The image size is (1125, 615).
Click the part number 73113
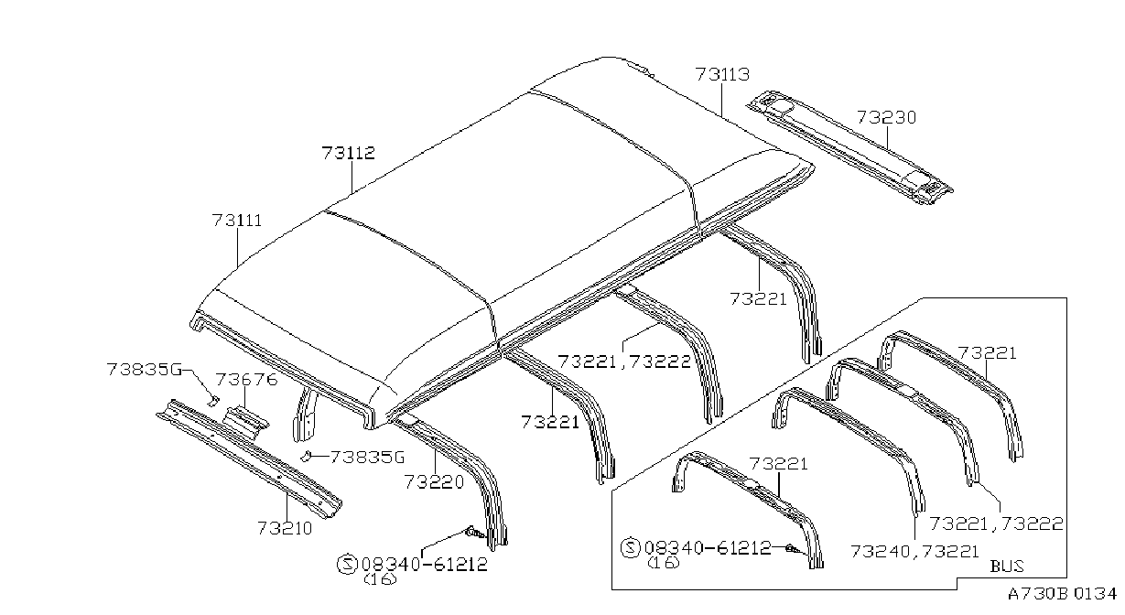pyautogui.click(x=722, y=74)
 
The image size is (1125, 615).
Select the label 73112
pyautogui.click(x=348, y=153)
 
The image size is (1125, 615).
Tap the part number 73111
pyautogui.click(x=237, y=221)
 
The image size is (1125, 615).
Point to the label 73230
pyautogui.click(x=886, y=117)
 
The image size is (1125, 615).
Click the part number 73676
pyautogui.click(x=246, y=380)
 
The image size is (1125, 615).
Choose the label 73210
pyautogui.click(x=285, y=528)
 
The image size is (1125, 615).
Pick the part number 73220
pyautogui.click(x=435, y=482)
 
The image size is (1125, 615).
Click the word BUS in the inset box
pyautogui.click(x=1007, y=566)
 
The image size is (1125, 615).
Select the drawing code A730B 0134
pyautogui.click(x=1062, y=594)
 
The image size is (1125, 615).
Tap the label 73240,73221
pyautogui.click(x=914, y=552)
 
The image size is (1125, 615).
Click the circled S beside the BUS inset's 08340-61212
pyautogui.click(x=631, y=547)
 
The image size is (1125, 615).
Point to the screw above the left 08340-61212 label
pyautogui.click(x=474, y=533)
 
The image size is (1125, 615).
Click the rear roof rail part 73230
pyautogui.click(x=849, y=147)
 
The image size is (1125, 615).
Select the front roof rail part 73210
pyautogui.click(x=250, y=459)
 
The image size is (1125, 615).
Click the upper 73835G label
pyautogui.click(x=144, y=370)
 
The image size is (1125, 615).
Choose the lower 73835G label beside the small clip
pyautogui.click(x=367, y=458)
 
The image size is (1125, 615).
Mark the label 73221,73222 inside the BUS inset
pyautogui.click(x=996, y=523)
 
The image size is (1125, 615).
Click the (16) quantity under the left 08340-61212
pyautogui.click(x=380, y=579)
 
